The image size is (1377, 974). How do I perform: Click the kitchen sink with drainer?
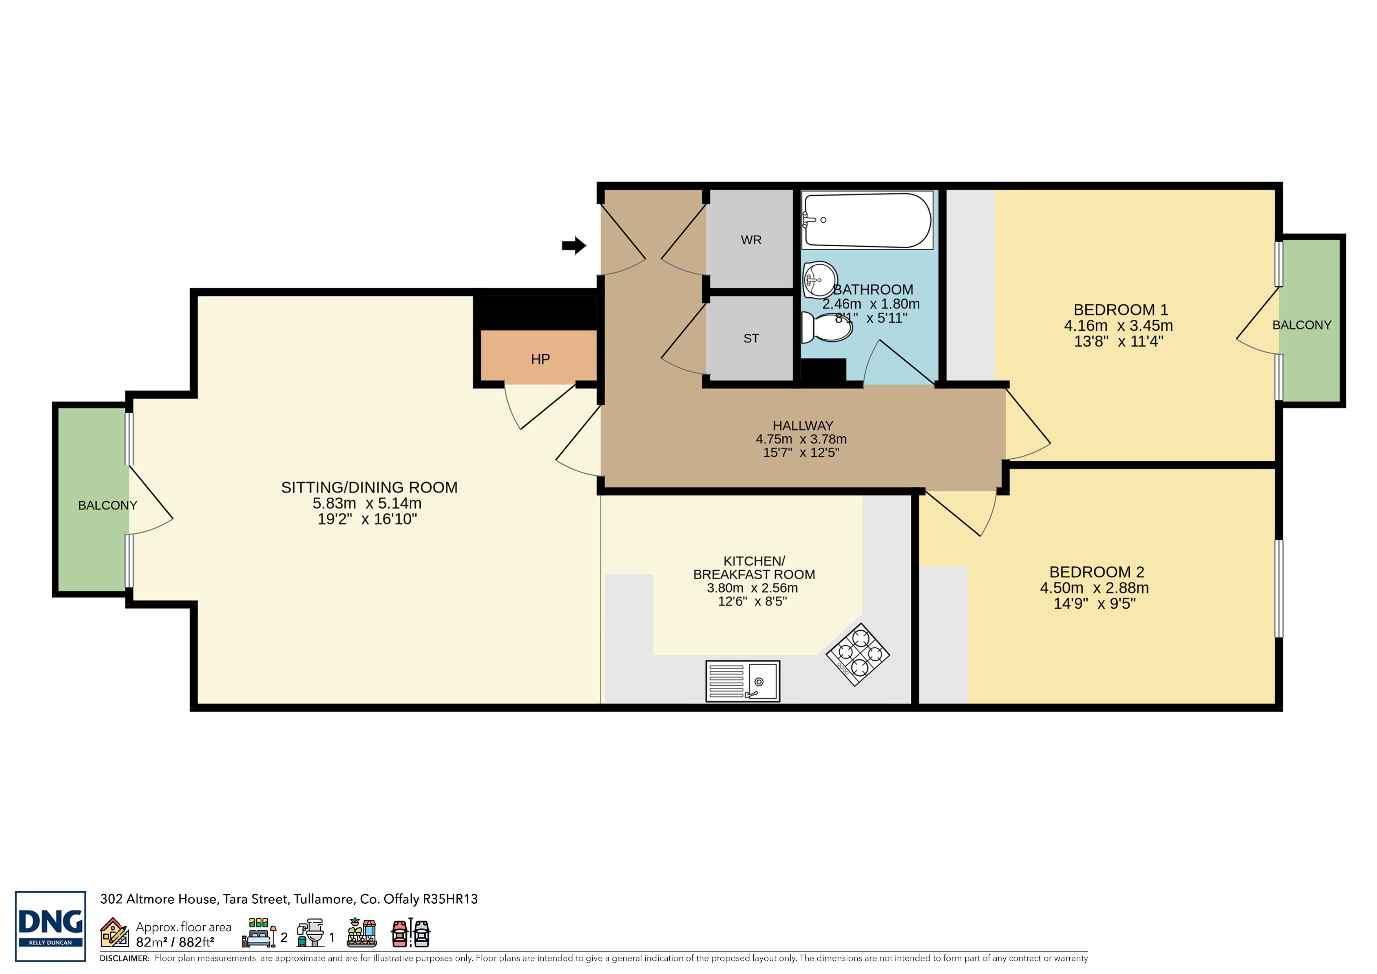[x=743, y=681]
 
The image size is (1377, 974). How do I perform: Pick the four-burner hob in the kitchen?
[x=858, y=655]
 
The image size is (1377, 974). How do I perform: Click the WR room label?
[x=751, y=240]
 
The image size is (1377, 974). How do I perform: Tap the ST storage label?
[x=751, y=339]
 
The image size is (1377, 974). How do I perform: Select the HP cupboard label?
[x=541, y=359]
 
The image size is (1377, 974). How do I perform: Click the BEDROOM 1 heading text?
[x=1120, y=309]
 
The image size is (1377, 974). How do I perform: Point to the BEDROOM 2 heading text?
[x=1096, y=572]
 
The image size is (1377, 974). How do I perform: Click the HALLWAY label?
[x=802, y=425]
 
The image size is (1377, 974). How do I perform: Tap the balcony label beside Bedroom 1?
[x=1301, y=325]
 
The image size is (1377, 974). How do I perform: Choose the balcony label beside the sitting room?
[x=107, y=505]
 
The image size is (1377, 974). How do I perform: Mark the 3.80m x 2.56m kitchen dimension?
[x=752, y=588]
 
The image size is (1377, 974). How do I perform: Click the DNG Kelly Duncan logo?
[x=50, y=926]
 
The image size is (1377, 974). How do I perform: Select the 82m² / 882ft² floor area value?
[x=175, y=942]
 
